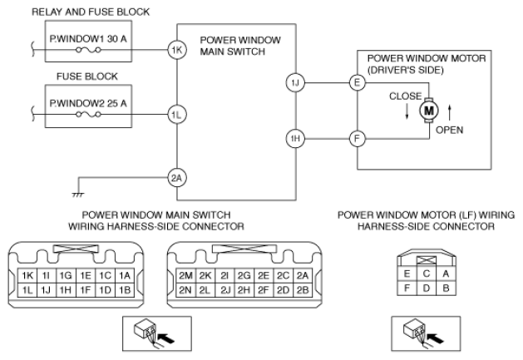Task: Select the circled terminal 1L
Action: coord(175,115)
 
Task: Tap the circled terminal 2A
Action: coord(175,175)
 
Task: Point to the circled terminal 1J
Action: coord(294,83)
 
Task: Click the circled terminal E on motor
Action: coord(358,83)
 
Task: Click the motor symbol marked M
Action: coord(429,109)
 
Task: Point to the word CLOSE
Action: coord(406,96)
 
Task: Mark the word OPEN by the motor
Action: coord(449,130)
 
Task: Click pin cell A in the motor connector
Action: coord(446,272)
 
